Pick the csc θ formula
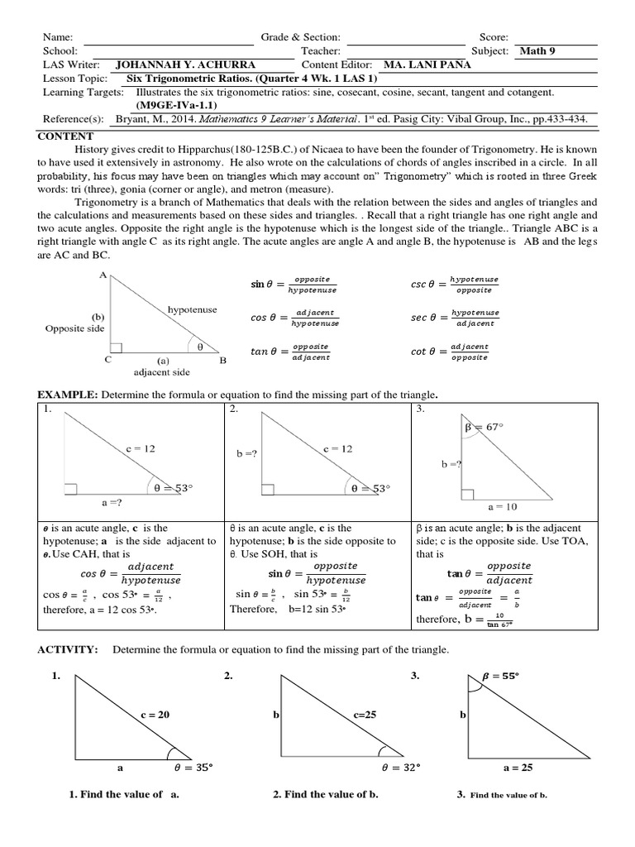[455, 285]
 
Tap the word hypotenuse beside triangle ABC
[192, 309]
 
